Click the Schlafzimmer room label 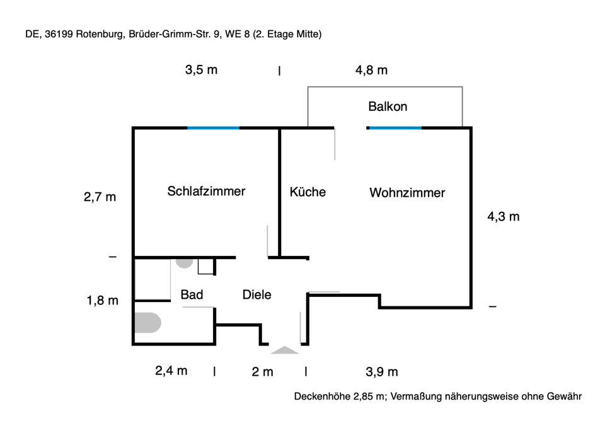[206, 191]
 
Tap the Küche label [308, 192]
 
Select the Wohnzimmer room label [407, 193]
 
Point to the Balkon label [388, 107]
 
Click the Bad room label [191, 294]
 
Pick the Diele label [257, 294]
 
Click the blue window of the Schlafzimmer [214, 128]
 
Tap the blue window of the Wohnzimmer [395, 128]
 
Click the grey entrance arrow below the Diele [284, 350]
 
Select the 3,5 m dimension [201, 70]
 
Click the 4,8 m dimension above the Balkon [371, 70]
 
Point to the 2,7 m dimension [100, 197]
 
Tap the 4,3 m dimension [504, 217]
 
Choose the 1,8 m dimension [102, 301]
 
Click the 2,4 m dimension [171, 371]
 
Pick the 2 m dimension [262, 372]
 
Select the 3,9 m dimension [381, 372]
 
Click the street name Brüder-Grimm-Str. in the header [171, 35]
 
